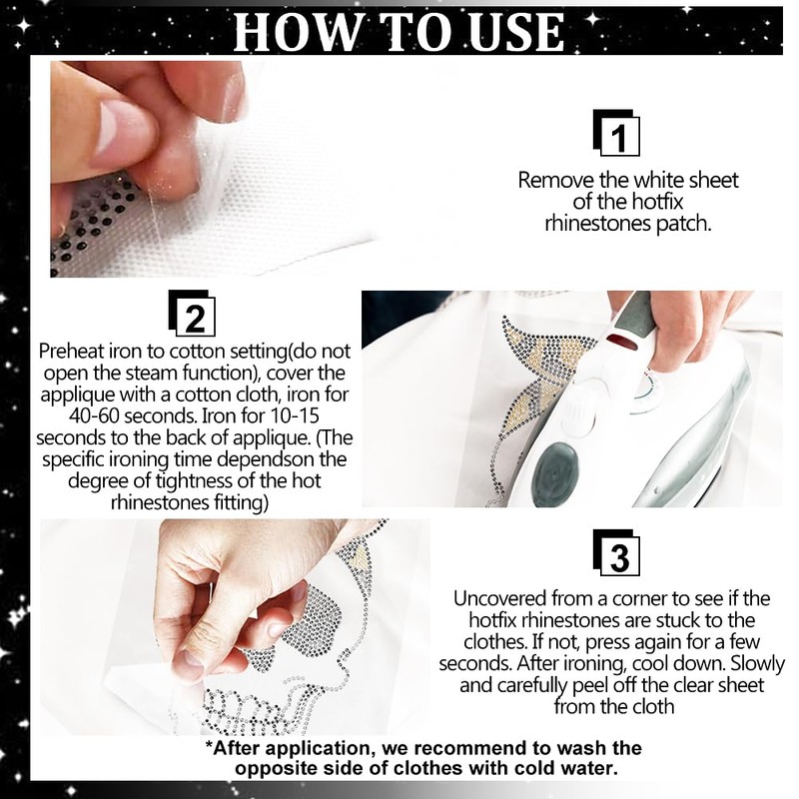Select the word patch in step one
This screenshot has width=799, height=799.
coord(682,225)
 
